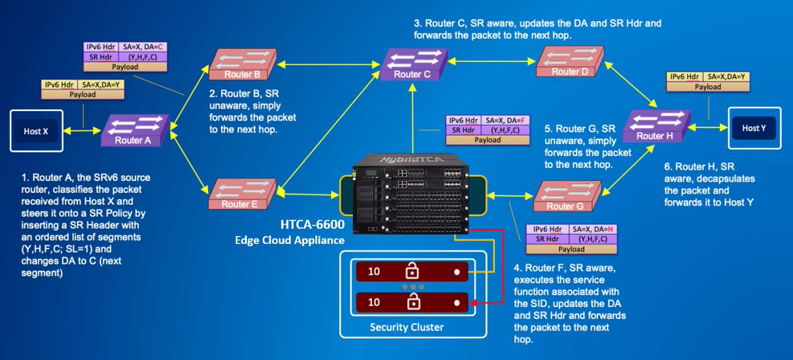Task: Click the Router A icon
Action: coord(132,131)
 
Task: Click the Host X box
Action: coord(36,131)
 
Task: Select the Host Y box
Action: coord(753,128)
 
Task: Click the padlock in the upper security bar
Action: coord(413,271)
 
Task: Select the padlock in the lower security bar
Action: coord(413,303)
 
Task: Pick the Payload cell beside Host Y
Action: coord(708,87)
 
